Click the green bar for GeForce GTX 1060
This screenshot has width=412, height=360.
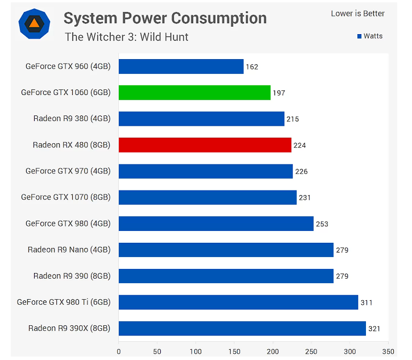pos(194,93)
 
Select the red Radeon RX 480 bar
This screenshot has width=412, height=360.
pos(205,145)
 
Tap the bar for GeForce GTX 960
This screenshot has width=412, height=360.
pos(181,67)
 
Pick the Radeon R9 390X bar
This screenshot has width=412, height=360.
pos(242,328)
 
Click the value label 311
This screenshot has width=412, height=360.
pos(367,303)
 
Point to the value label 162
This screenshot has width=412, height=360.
pos(252,67)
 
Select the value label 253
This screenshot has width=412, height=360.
pos(322,224)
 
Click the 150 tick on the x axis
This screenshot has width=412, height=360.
pos(235,351)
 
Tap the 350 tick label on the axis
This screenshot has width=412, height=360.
pos(389,351)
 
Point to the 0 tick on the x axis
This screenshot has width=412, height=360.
pos(119,351)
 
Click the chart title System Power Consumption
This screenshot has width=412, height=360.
pos(165,18)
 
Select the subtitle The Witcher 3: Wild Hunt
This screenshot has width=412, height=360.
pos(127,38)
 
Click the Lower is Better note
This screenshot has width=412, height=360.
pos(357,14)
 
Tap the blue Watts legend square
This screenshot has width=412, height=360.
pos(359,36)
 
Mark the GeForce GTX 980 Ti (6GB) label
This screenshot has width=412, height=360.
pos(64,302)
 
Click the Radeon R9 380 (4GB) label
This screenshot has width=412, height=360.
pos(72,119)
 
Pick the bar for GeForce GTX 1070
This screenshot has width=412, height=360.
pos(207,197)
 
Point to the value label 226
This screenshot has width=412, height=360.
pos(301,172)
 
